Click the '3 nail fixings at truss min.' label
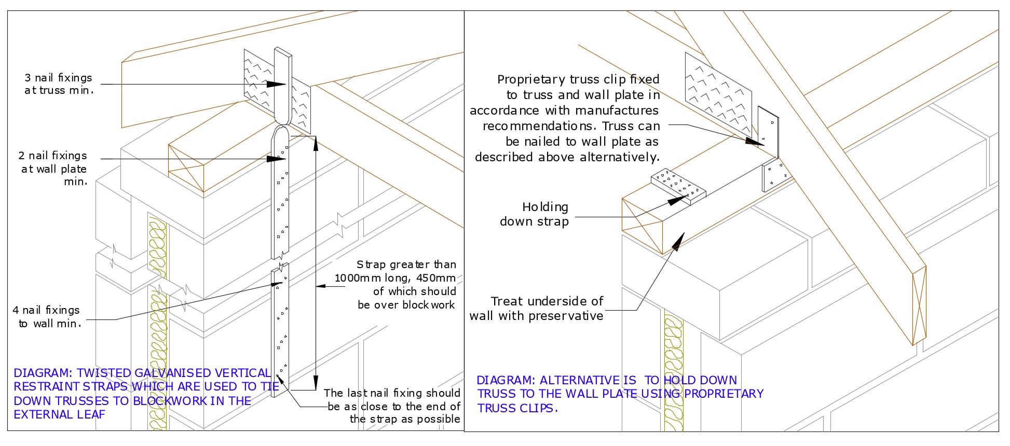tap(58, 84)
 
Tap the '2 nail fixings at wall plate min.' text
tap(53, 168)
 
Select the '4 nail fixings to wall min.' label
tap(47, 317)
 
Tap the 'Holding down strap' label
tap(535, 214)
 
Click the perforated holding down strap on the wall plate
tap(678, 185)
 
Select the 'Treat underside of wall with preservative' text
tap(537, 309)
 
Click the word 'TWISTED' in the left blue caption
tap(104, 373)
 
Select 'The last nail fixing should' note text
tap(392, 393)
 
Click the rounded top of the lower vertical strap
tap(281, 134)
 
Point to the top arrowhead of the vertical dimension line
tap(316, 141)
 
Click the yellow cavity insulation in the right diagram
tap(674, 373)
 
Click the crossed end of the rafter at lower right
tap(919, 306)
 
